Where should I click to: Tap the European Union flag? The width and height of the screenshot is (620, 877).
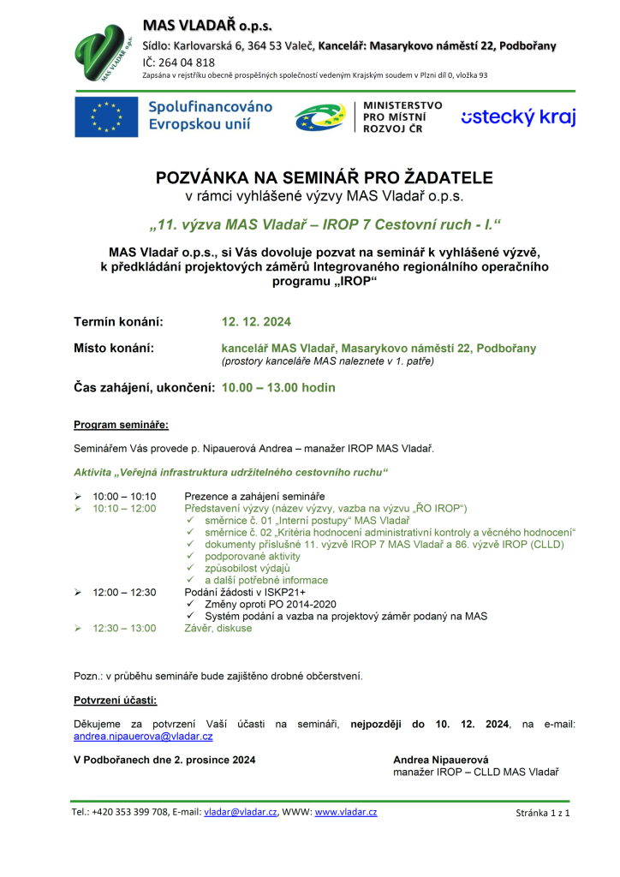(105, 116)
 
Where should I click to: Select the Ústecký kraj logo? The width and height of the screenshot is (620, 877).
(518, 117)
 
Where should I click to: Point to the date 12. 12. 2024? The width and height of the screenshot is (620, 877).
(256, 322)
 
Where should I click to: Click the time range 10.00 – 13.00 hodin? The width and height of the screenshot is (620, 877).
(278, 387)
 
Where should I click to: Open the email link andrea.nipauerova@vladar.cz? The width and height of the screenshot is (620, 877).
(143, 736)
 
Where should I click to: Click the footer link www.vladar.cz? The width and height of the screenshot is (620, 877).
(346, 812)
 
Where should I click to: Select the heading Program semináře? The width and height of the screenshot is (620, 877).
(121, 425)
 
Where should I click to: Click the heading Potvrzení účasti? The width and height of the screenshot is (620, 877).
(115, 701)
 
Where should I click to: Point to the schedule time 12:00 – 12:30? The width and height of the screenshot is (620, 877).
(124, 591)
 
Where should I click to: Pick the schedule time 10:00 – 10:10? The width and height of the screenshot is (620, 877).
(124, 496)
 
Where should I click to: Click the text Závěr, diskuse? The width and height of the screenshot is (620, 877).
(218, 628)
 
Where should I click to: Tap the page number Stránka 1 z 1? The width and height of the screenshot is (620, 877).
(542, 813)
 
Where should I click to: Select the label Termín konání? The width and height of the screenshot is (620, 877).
(118, 322)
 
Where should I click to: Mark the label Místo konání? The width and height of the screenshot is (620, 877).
(114, 349)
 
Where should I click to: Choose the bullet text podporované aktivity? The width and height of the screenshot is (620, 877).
(247, 556)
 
